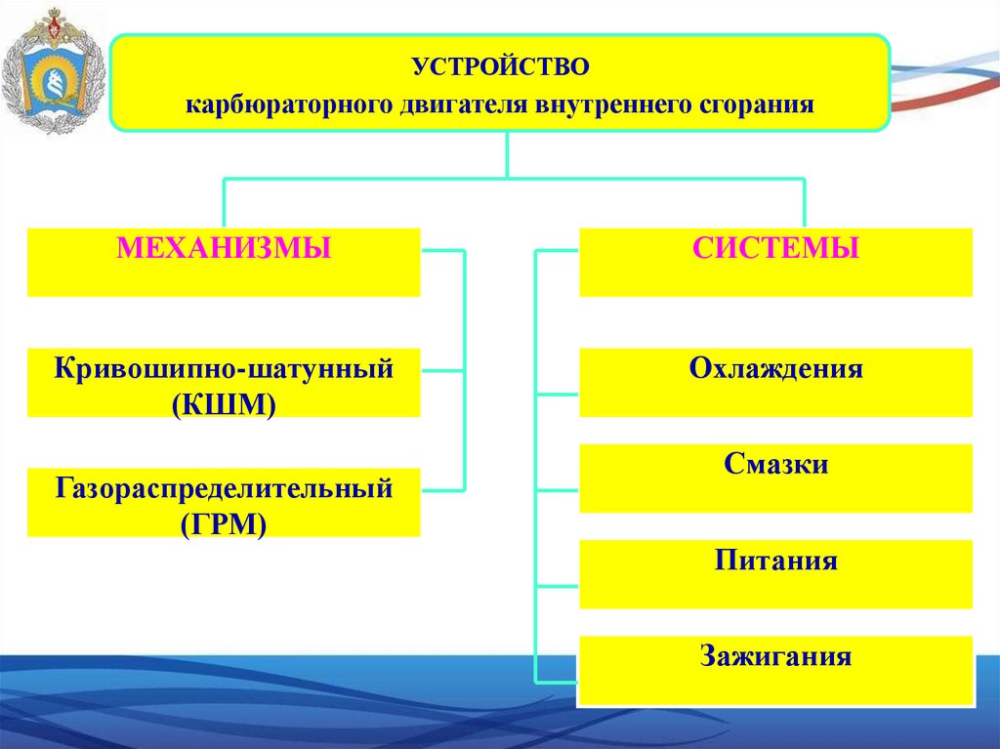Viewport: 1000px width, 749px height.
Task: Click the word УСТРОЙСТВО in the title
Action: [500, 68]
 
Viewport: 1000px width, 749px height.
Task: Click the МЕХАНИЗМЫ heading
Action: [224, 248]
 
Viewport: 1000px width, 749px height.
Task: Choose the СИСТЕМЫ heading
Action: [776, 248]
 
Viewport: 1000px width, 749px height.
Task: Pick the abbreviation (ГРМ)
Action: [224, 521]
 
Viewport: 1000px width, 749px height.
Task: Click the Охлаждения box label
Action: [776, 369]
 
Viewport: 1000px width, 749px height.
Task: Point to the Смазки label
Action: [776, 464]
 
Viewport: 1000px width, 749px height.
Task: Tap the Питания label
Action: [776, 562]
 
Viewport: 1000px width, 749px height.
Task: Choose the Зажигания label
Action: [776, 654]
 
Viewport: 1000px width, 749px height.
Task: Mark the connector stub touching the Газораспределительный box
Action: [442, 489]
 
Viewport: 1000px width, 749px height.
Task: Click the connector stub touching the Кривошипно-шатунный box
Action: [442, 371]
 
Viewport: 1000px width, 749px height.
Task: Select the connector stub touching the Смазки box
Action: [558, 491]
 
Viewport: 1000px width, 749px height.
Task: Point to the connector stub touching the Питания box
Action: [558, 587]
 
